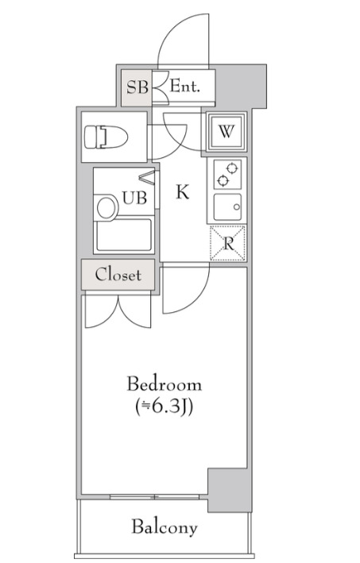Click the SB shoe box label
click(137, 87)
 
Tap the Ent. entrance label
click(184, 87)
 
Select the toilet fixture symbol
click(106, 137)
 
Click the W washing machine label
click(226, 132)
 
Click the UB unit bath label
click(135, 198)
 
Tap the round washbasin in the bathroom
click(106, 208)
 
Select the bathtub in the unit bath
click(124, 234)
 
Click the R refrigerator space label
click(229, 244)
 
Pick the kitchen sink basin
click(227, 207)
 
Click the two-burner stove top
click(227, 174)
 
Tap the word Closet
click(118, 275)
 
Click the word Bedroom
click(165, 384)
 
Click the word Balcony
click(165, 527)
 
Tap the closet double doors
click(118, 311)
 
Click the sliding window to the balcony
click(154, 497)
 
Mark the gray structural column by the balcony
click(229, 490)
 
